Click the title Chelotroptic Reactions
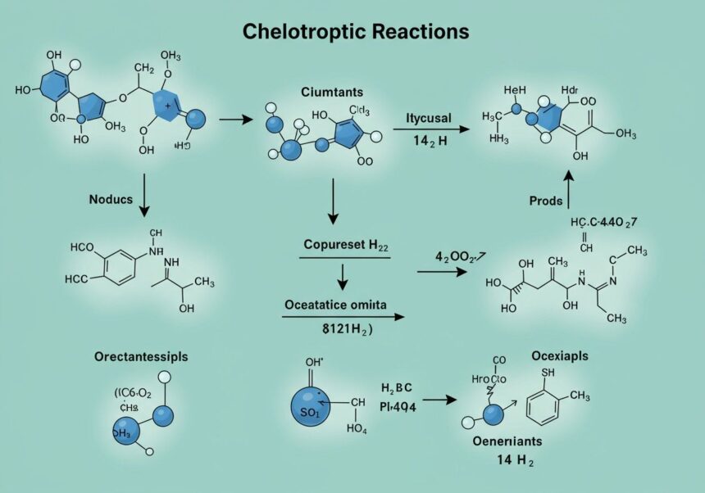click(x=356, y=32)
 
